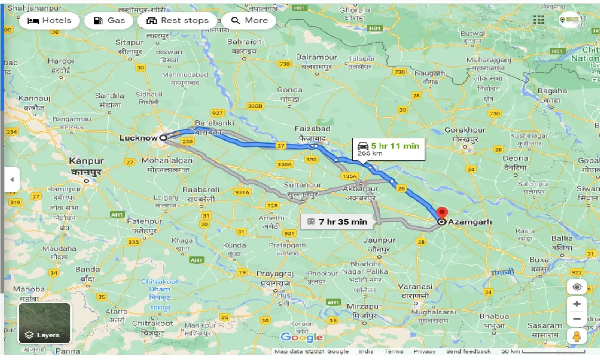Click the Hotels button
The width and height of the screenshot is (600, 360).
click(x=49, y=21)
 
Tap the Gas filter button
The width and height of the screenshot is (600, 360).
click(x=110, y=21)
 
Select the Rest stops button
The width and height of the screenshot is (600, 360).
click(x=177, y=21)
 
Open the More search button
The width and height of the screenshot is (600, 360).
click(x=249, y=21)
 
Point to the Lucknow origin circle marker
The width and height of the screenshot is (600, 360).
click(x=163, y=138)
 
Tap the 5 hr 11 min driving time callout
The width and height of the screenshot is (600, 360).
click(x=388, y=149)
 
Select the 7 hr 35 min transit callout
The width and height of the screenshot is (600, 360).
click(x=337, y=222)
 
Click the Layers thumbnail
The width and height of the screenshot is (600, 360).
click(x=45, y=322)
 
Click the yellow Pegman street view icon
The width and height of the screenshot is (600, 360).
click(x=577, y=336)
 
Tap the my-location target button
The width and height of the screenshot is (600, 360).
click(x=577, y=287)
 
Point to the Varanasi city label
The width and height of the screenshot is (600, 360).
click(x=415, y=286)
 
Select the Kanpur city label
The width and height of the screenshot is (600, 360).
click(x=86, y=161)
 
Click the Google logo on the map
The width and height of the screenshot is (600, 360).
click(x=301, y=337)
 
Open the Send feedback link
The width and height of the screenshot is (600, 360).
click(x=468, y=352)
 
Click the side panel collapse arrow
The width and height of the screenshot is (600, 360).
click(x=12, y=180)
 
